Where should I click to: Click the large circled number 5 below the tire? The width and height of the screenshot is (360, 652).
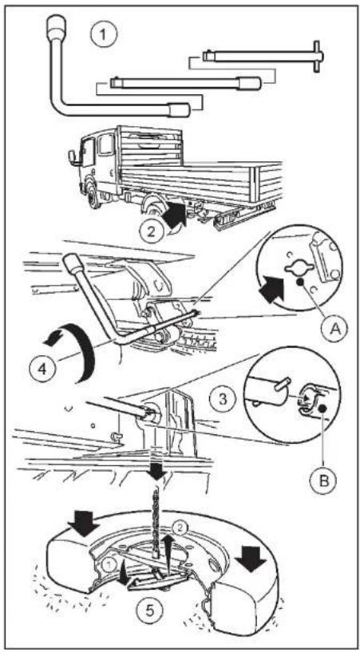pyautogui.click(x=149, y=611)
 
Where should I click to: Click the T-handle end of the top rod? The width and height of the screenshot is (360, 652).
pyautogui.click(x=316, y=56)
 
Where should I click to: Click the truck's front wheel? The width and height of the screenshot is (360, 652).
pyautogui.click(x=94, y=193)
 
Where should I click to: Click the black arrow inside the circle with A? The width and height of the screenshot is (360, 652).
pyautogui.click(x=271, y=290)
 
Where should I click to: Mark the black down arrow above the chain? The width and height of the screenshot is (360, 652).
pyautogui.click(x=157, y=471)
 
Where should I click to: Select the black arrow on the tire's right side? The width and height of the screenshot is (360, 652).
pyautogui.click(x=251, y=559)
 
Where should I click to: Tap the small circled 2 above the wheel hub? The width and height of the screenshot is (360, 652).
pyautogui.click(x=180, y=528)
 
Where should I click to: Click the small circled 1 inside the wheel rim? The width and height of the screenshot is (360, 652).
pyautogui.click(x=107, y=565)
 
